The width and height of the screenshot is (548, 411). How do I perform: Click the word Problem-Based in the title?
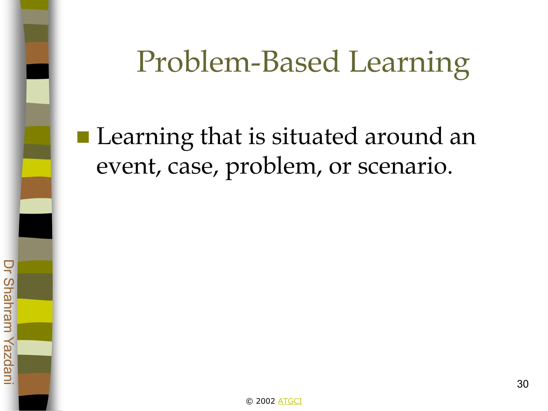pos(238,62)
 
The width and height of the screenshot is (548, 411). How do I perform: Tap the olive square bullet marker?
pos(83,137)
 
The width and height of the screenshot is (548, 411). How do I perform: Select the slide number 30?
pos(523,384)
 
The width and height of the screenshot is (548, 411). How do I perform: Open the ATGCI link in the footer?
pos(290,401)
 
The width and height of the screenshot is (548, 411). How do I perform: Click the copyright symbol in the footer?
pos(249,401)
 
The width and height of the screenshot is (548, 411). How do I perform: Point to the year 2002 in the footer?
pos(265,401)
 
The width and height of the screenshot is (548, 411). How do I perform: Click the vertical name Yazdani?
pos(9,360)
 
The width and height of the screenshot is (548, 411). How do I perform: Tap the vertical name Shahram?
pos(9,305)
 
